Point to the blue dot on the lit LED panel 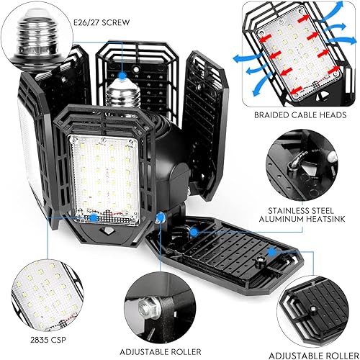point(94,217)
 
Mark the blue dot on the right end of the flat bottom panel point(272,252)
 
